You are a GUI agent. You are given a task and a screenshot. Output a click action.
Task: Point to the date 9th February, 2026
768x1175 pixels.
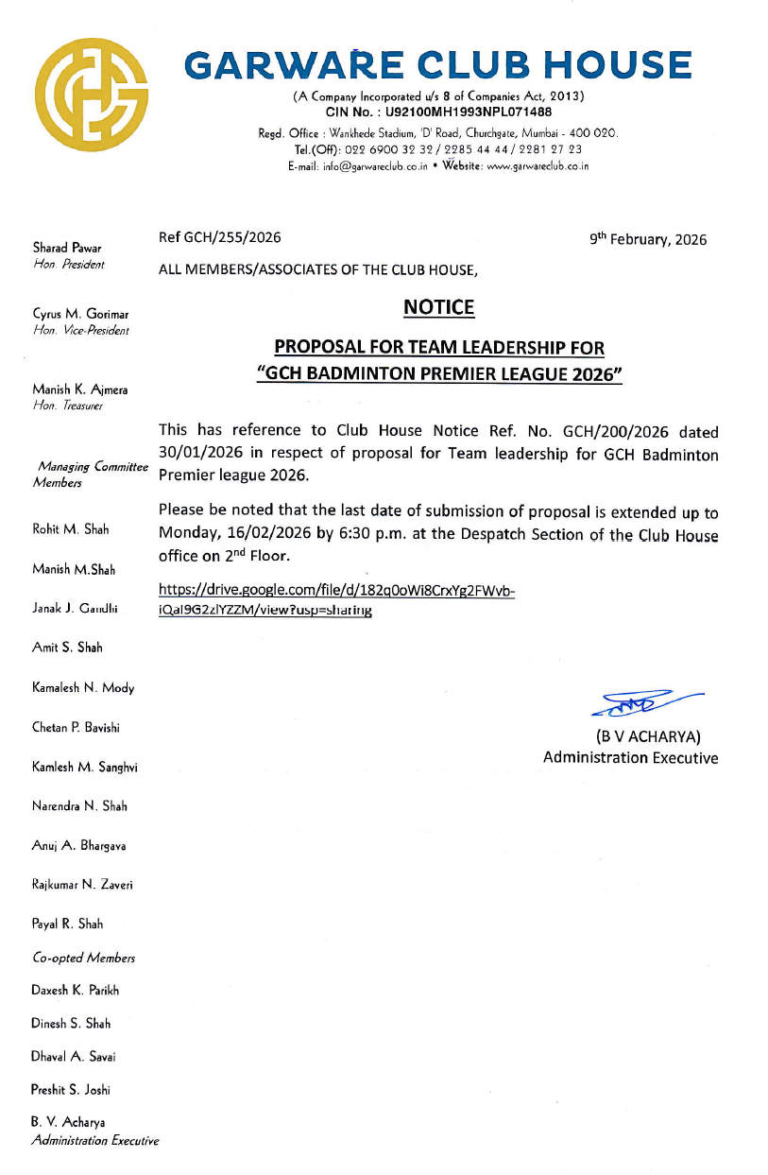[x=648, y=240]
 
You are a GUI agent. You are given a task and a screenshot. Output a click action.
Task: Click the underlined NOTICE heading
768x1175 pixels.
[x=438, y=307]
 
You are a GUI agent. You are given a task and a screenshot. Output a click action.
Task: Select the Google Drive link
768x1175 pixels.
[x=337, y=600]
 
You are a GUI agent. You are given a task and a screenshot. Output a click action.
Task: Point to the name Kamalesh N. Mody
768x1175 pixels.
[x=83, y=688]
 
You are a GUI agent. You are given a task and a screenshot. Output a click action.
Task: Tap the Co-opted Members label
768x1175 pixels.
[x=83, y=958]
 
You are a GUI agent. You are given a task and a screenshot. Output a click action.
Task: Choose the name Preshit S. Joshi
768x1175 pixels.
[x=71, y=1089]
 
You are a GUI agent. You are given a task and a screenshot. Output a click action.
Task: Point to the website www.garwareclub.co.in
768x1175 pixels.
[x=536, y=166]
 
